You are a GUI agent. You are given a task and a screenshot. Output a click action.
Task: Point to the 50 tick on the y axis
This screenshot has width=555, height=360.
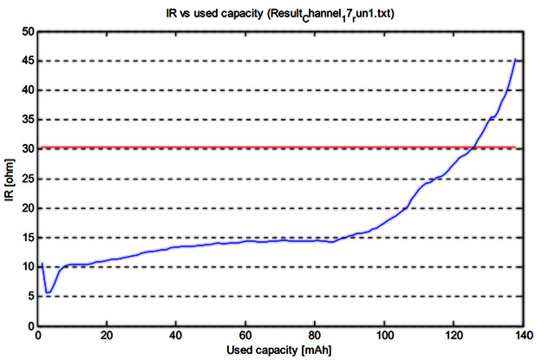tap(25, 31)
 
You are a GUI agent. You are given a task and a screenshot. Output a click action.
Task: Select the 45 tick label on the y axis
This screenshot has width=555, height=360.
tap(25, 61)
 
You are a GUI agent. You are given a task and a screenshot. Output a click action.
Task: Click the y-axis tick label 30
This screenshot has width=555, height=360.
tap(25, 149)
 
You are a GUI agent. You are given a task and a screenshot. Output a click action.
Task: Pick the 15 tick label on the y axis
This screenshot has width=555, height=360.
tap(25, 238)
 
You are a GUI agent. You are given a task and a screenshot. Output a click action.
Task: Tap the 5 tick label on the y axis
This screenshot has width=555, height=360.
tap(29, 297)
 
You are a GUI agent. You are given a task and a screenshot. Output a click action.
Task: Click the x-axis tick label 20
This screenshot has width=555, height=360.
tap(107, 336)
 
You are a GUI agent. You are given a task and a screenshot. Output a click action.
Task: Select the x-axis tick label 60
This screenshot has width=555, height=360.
tap(245, 336)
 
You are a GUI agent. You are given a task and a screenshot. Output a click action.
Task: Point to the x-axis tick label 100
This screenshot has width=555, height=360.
tap(384, 336)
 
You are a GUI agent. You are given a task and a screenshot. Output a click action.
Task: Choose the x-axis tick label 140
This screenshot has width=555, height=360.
tap(523, 336)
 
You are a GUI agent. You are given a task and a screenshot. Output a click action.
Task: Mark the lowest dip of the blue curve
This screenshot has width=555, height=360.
tap(49, 292)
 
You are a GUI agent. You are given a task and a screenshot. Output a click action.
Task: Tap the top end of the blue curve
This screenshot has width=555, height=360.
tap(516, 59)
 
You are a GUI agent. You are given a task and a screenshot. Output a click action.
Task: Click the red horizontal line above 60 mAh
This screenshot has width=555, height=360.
tap(245, 147)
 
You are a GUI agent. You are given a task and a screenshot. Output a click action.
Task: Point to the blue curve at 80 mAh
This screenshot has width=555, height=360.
tap(315, 240)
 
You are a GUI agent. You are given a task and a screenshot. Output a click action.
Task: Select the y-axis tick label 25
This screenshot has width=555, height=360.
tap(25, 179)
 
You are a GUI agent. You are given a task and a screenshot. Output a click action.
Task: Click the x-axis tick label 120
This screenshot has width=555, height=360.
tap(454, 336)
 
